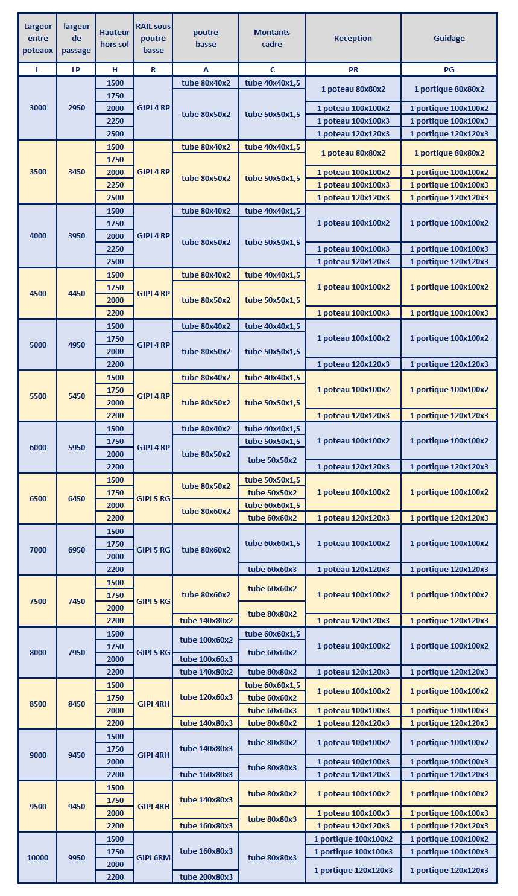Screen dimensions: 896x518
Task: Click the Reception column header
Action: point(353,38)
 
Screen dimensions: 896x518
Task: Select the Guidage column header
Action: point(449,38)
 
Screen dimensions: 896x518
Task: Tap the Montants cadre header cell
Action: point(272,38)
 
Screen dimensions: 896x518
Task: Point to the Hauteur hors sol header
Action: point(115,38)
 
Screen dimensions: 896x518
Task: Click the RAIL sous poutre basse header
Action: point(153,38)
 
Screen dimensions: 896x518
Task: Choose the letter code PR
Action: point(353,69)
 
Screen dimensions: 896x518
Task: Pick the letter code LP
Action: point(76,69)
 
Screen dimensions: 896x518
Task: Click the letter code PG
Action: point(449,69)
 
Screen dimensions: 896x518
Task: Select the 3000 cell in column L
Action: point(38,108)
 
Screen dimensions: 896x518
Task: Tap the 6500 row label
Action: point(38,499)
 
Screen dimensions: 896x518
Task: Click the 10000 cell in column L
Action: point(38,857)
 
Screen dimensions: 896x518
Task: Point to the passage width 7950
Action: point(77,652)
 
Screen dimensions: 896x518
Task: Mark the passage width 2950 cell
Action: point(77,108)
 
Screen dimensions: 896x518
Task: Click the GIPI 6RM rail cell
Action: point(153,857)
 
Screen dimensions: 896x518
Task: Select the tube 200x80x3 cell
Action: point(206,877)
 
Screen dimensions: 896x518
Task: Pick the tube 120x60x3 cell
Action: point(206,697)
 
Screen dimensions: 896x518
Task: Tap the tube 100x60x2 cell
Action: point(206,640)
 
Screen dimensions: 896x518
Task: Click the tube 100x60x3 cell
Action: point(206,659)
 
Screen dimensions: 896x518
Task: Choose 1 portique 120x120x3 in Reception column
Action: point(353,870)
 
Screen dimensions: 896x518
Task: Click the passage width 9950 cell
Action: point(77,857)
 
